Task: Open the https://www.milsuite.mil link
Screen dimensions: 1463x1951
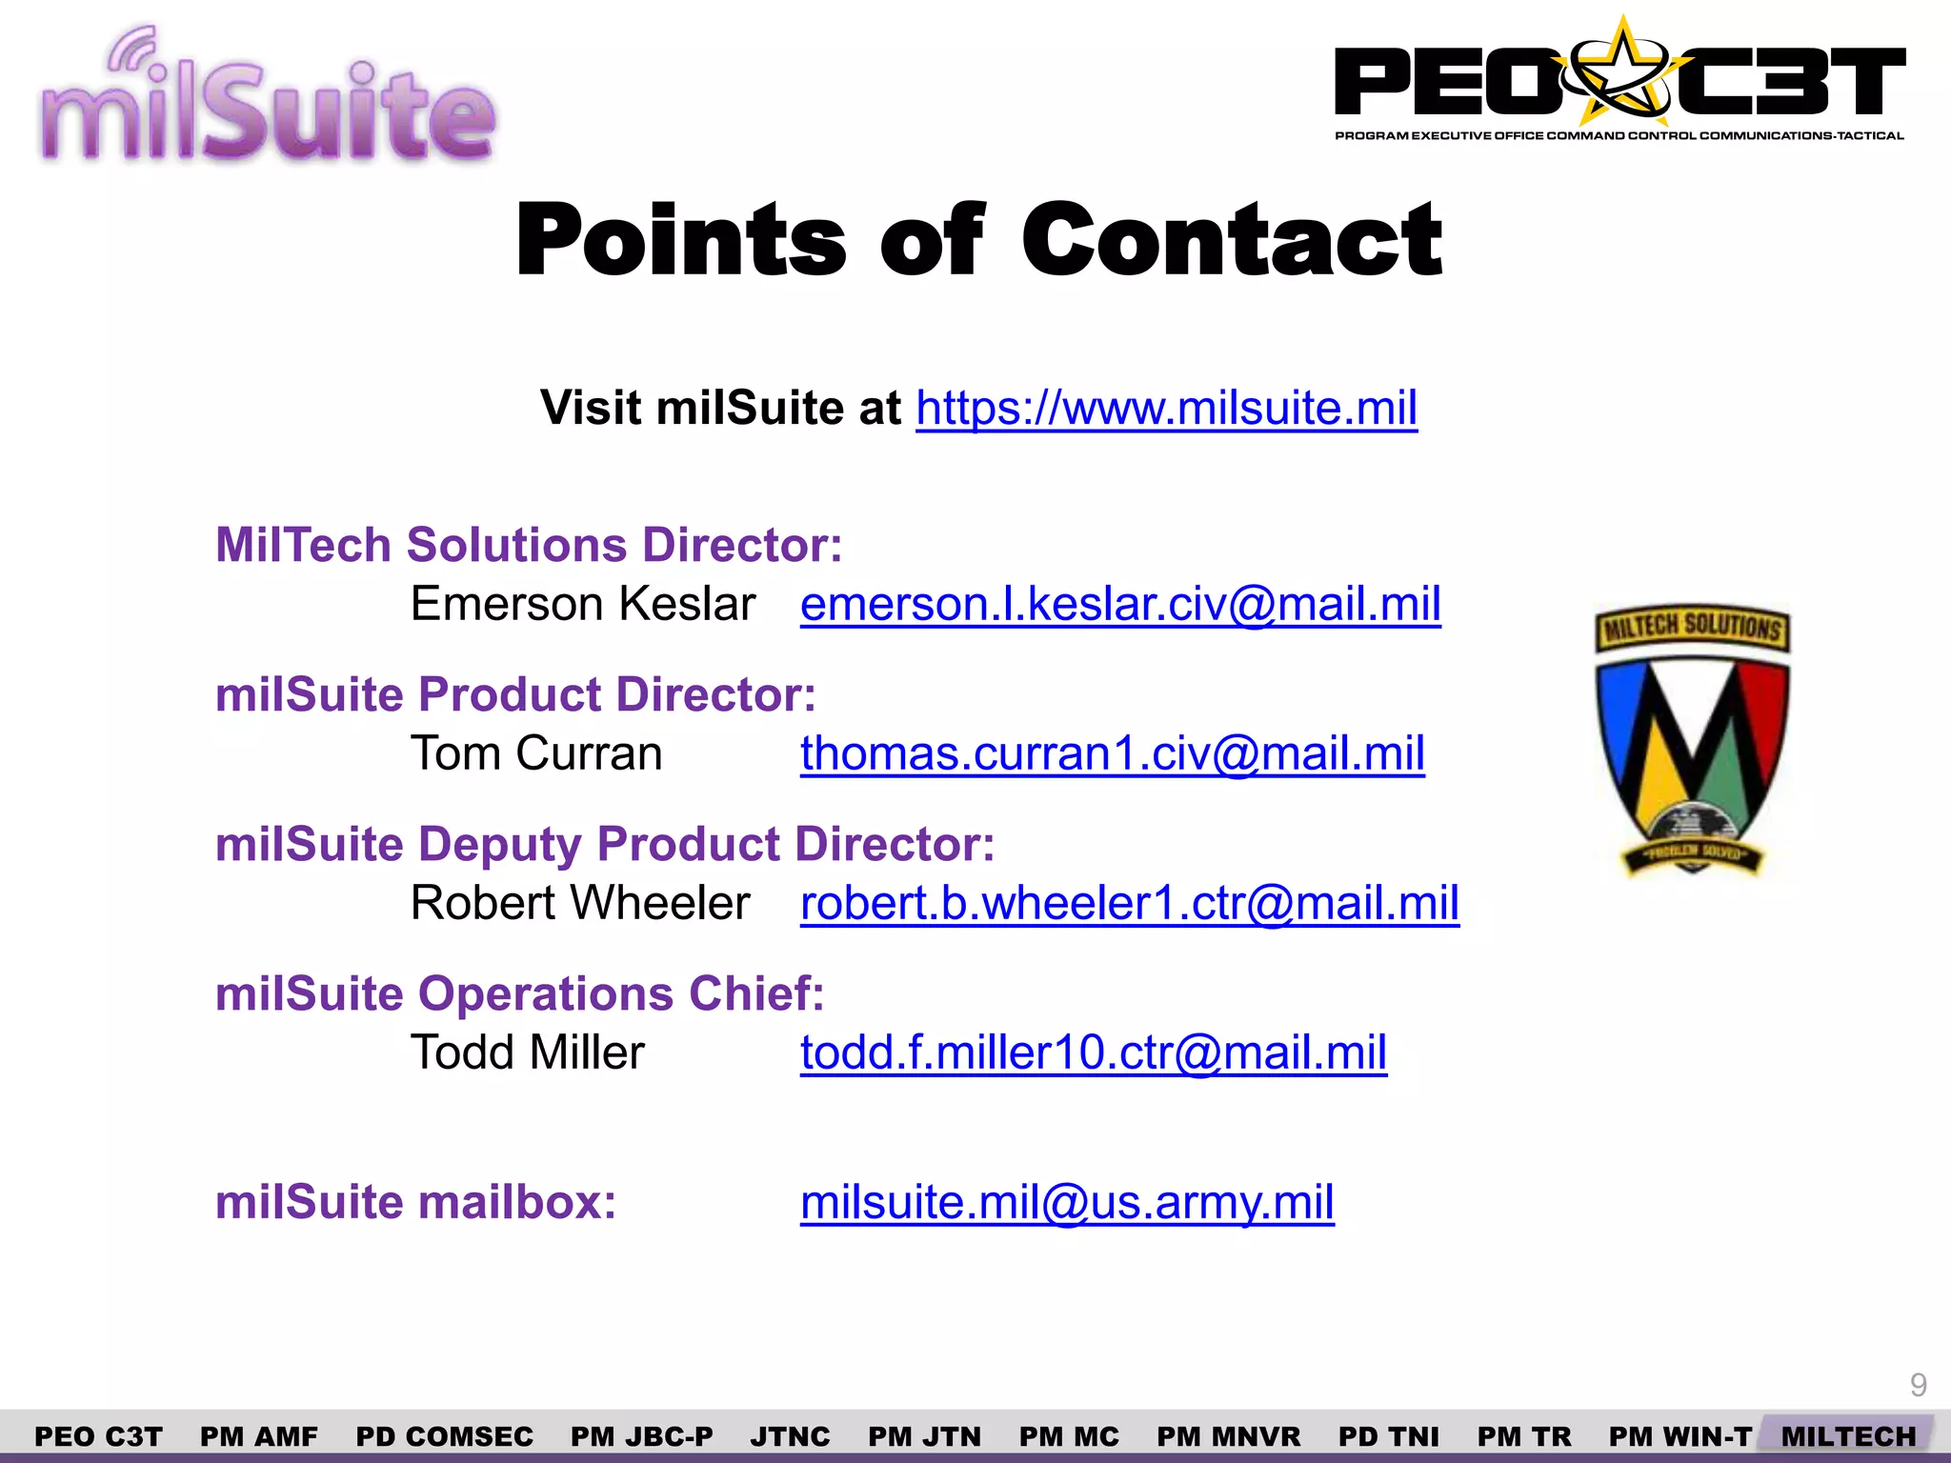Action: (1166, 409)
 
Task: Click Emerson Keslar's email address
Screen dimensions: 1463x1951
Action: (1120, 605)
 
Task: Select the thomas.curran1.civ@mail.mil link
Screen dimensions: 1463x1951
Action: (1112, 754)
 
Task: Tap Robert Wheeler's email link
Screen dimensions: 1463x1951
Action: (1129, 904)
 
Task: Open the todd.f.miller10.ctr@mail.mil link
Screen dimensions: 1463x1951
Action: (1093, 1053)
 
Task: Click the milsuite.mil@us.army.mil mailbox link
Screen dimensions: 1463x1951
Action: (1067, 1203)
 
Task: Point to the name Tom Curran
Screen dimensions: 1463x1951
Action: (536, 754)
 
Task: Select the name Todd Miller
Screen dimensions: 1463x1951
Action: (527, 1053)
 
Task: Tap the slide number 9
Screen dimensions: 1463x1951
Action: (1919, 1385)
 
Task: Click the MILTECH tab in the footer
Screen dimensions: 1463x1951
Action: (1848, 1436)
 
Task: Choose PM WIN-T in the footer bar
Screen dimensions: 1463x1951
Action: (1680, 1436)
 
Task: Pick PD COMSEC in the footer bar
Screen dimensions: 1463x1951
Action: (444, 1436)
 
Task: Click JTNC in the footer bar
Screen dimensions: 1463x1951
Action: (790, 1436)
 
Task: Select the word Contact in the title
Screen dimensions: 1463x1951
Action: (1232, 240)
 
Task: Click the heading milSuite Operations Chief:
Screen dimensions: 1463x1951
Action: (519, 994)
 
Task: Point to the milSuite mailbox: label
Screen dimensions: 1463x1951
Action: (415, 1203)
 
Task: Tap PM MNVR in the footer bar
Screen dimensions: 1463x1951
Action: (1228, 1436)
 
